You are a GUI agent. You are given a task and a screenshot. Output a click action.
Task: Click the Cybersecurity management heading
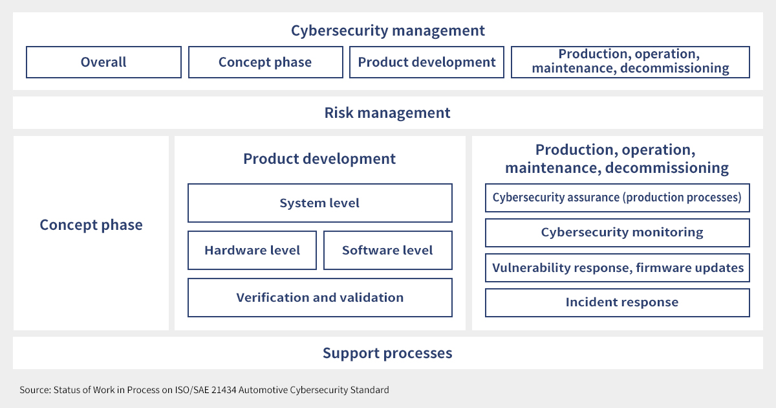click(387, 30)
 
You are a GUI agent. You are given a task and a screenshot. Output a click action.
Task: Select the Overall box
click(103, 62)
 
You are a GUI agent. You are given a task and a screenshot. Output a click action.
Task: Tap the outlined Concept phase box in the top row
click(266, 62)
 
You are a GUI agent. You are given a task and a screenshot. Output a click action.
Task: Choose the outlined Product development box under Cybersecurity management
click(427, 62)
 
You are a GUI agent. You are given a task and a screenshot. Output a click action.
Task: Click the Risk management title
click(387, 113)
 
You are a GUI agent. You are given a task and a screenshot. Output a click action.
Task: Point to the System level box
click(320, 203)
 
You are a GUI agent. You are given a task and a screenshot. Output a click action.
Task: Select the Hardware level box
click(252, 250)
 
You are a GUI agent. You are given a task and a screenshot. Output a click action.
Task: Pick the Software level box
click(388, 250)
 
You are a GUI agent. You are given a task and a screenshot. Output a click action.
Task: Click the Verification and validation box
click(320, 297)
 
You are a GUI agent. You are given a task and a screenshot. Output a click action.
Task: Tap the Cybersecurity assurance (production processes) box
click(618, 198)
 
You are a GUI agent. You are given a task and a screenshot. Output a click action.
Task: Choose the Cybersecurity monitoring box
click(618, 232)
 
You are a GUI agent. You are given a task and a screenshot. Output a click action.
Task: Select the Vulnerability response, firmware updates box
click(618, 268)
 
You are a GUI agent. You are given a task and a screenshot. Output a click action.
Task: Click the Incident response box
click(618, 303)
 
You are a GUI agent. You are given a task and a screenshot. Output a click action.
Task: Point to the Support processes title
click(387, 353)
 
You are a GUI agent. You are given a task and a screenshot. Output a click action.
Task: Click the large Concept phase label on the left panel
click(91, 225)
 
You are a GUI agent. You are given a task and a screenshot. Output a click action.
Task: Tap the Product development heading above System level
click(319, 159)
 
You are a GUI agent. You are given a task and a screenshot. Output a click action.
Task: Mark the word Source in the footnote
click(36, 390)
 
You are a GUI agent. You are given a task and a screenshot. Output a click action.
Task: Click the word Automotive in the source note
click(263, 390)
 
